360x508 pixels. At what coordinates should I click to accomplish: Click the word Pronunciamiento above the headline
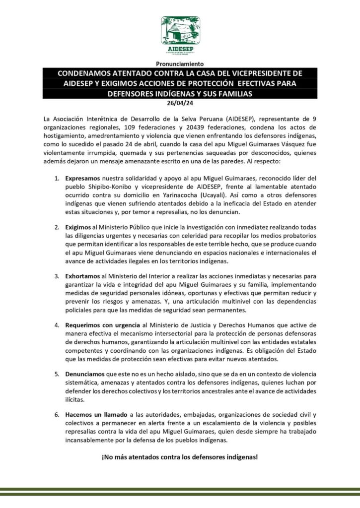pos(180,64)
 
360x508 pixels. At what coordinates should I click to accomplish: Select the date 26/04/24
pos(180,104)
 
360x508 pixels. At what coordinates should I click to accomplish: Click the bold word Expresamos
pos(84,178)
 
